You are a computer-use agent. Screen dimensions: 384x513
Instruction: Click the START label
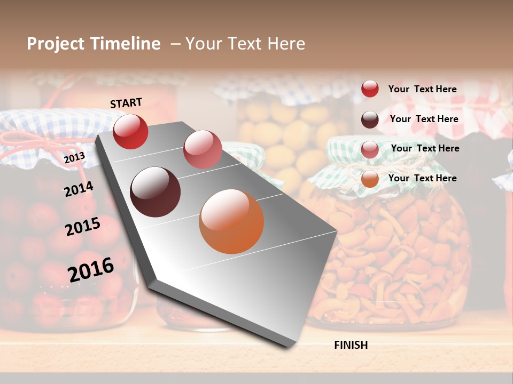126,103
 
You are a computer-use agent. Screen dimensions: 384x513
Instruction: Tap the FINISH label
351,345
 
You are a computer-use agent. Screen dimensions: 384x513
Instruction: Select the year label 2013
74,157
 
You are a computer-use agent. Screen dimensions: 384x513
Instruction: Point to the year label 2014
79,189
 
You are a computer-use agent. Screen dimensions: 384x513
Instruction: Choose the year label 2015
83,227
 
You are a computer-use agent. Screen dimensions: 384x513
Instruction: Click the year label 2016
91,269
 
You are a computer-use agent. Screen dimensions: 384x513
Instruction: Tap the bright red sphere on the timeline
130,131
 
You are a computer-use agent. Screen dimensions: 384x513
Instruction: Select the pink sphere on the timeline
203,149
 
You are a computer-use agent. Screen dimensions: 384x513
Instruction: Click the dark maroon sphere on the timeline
156,192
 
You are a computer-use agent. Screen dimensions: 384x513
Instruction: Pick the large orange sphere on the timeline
231,221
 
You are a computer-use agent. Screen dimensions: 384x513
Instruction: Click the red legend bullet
370,89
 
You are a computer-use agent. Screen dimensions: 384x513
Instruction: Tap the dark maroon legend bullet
370,119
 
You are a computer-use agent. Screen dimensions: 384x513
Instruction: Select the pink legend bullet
370,149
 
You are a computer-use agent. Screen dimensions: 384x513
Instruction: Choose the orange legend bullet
370,179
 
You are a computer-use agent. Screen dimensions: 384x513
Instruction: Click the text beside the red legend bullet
422,89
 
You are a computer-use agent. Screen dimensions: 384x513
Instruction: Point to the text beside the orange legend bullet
422,178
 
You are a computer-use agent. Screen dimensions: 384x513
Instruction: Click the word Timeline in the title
126,44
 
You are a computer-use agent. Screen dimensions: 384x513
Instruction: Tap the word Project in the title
56,44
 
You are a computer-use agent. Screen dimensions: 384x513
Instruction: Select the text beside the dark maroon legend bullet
424,119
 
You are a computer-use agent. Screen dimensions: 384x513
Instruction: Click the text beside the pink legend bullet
425,148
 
